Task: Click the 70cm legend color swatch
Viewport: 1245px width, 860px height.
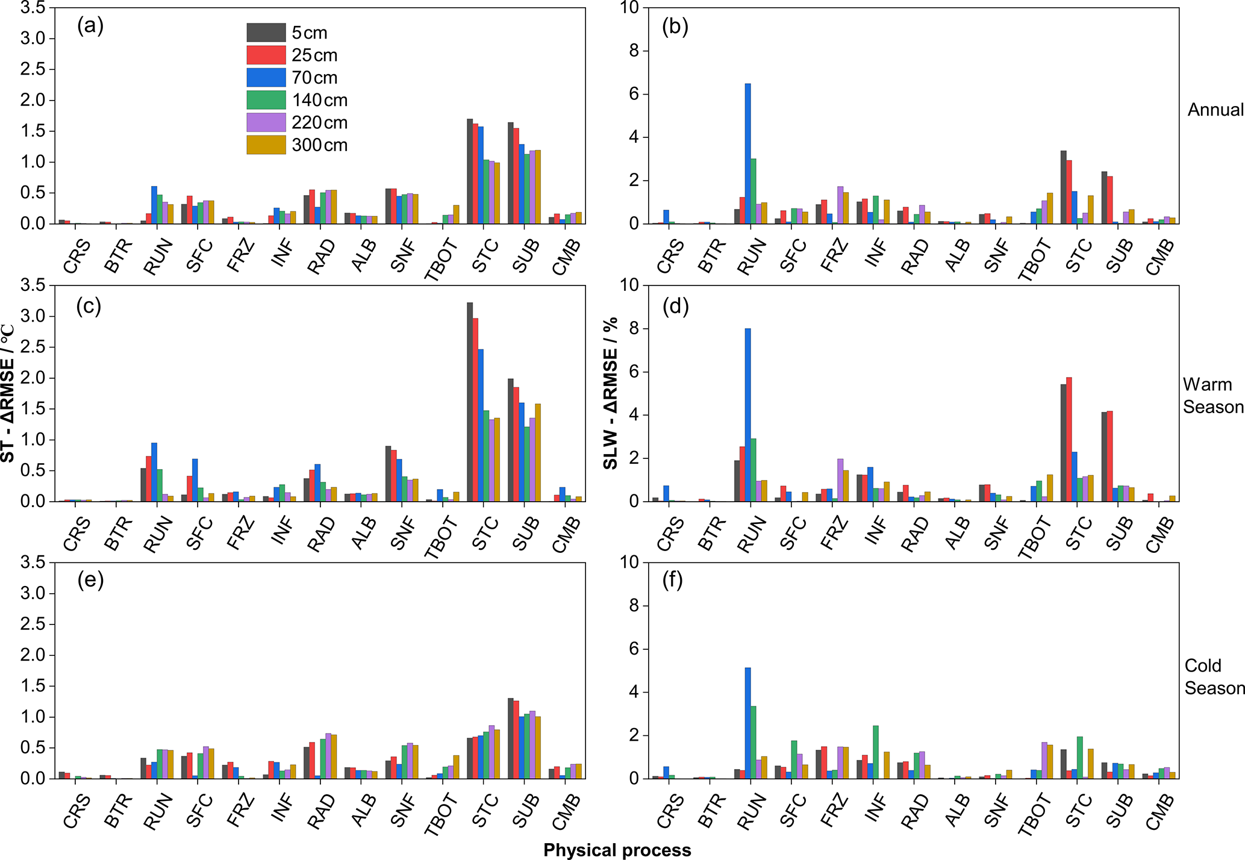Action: point(266,78)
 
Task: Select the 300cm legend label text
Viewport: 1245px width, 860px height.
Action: point(319,145)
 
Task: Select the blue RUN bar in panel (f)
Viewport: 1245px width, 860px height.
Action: point(747,723)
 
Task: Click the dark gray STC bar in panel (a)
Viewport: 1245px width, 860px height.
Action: point(470,171)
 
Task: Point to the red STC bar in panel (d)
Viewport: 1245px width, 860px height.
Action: point(1069,440)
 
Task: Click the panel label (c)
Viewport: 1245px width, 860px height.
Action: point(89,307)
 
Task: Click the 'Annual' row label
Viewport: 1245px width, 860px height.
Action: point(1215,110)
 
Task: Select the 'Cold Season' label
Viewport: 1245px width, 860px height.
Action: point(1214,677)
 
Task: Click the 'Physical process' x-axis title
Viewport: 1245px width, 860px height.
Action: point(617,850)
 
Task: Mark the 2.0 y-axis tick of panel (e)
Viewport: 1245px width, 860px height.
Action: point(33,655)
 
